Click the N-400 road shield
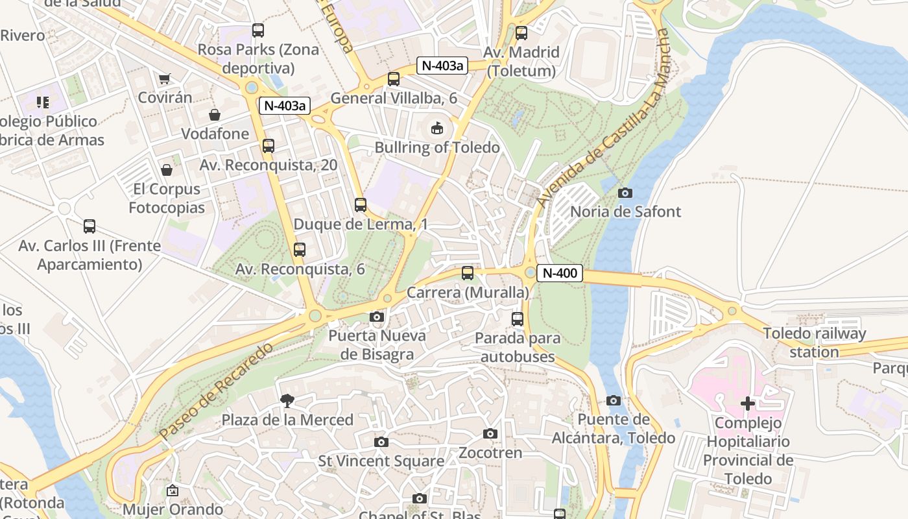pyautogui.click(x=559, y=273)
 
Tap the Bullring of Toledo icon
pyautogui.click(x=438, y=128)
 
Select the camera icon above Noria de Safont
pyautogui.click(x=625, y=193)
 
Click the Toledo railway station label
pyautogui.click(x=814, y=343)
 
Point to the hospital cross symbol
pyautogui.click(x=748, y=404)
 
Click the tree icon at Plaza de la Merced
pyautogui.click(x=287, y=401)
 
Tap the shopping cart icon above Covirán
pyautogui.click(x=165, y=78)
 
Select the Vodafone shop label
pyautogui.click(x=215, y=134)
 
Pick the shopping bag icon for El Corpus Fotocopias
pyautogui.click(x=167, y=170)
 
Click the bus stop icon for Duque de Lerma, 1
pyautogui.click(x=361, y=205)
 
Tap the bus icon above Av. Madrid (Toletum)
pyautogui.click(x=521, y=33)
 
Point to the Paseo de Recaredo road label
pyautogui.click(x=216, y=391)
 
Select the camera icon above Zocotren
pyautogui.click(x=490, y=433)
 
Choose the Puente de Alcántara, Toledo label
pyautogui.click(x=613, y=429)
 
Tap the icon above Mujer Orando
pyautogui.click(x=173, y=490)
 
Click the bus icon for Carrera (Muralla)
pyautogui.click(x=468, y=273)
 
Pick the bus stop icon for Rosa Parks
pyautogui.click(x=258, y=30)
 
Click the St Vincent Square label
pyautogui.click(x=381, y=461)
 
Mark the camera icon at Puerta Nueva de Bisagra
pyautogui.click(x=376, y=317)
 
